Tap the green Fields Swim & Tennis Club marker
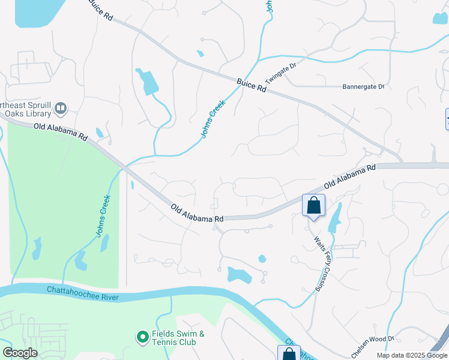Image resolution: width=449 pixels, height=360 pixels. point(142,338)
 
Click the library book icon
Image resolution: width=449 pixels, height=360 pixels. point(60,109)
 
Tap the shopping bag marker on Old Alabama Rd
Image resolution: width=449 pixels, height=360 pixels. point(313,206)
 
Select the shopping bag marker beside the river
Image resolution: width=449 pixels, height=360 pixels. point(289,353)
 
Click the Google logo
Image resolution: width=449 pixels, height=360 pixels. point(20,353)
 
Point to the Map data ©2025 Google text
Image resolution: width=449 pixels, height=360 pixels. point(411,355)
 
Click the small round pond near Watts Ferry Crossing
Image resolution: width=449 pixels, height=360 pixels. point(262,259)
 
